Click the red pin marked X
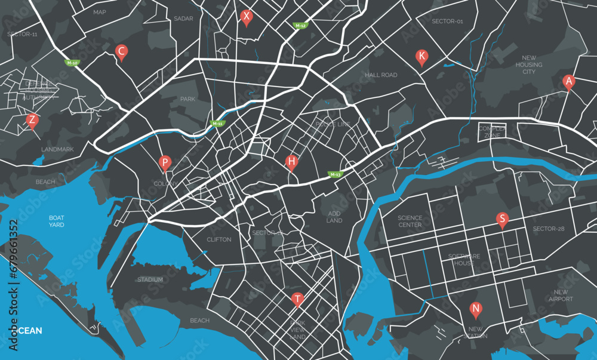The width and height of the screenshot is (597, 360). point(246,17)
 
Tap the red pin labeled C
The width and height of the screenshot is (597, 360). point(121,52)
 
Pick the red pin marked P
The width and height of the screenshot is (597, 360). point(165,162)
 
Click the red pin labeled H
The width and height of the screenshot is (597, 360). point(291,161)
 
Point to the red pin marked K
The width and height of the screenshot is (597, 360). point(421,57)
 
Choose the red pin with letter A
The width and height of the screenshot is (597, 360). point(569,81)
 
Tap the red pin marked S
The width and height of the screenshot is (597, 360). point(502,219)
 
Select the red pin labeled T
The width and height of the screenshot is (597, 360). point(297,299)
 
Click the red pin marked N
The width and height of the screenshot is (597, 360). point(475,309)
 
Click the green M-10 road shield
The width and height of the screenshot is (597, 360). point(72,63)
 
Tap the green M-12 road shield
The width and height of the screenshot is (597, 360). point(300,26)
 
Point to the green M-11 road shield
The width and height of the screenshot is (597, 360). point(218,124)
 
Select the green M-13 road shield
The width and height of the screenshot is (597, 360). point(336,174)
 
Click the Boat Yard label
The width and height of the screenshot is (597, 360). point(57,221)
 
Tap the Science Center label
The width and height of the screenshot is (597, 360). point(410,221)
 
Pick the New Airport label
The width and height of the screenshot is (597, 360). point(561,296)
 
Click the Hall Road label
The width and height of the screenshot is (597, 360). point(381,75)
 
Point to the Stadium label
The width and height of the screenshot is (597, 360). point(150,279)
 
